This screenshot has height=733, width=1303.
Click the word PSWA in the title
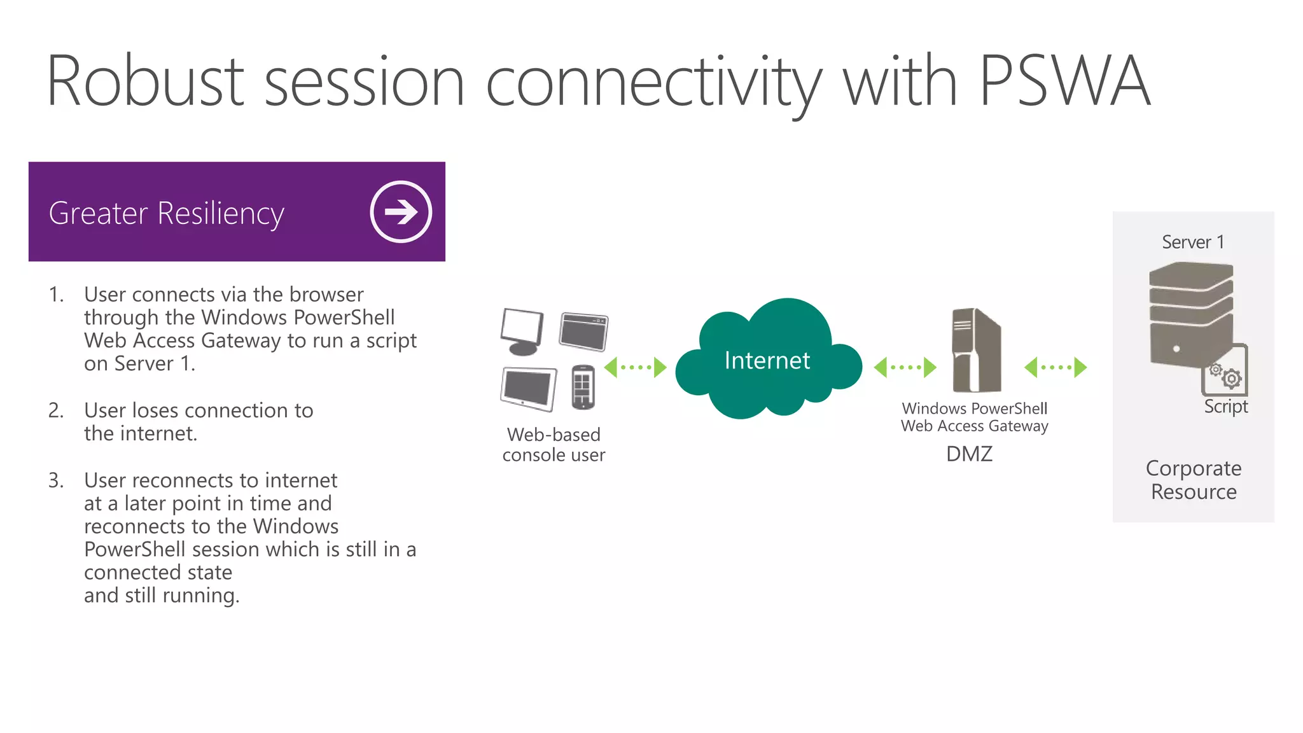click(x=1064, y=81)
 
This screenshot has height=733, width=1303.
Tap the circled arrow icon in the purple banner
click(x=401, y=212)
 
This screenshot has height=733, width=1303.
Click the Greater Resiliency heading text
click(x=166, y=213)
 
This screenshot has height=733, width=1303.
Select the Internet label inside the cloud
click(x=767, y=361)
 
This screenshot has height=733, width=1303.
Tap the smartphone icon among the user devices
click(x=582, y=386)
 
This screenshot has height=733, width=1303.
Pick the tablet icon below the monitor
click(x=527, y=389)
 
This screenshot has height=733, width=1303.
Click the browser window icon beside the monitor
click(x=583, y=332)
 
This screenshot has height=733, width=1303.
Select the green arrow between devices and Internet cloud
click(x=634, y=367)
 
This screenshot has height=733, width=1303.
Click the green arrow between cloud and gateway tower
click(x=905, y=367)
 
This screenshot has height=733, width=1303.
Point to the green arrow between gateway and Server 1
click(x=1055, y=367)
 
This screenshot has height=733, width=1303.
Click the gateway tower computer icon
click(x=976, y=350)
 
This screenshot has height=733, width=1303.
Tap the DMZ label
click(x=968, y=454)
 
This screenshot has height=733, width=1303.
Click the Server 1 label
click(x=1192, y=242)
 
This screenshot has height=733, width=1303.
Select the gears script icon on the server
click(x=1225, y=375)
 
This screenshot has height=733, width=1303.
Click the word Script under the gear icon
click(x=1225, y=407)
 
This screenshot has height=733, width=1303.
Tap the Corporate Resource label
click(x=1194, y=480)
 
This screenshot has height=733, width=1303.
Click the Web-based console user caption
click(x=554, y=445)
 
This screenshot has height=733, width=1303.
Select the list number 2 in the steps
click(x=56, y=410)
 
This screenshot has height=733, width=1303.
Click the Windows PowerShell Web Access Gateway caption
click(x=974, y=417)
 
